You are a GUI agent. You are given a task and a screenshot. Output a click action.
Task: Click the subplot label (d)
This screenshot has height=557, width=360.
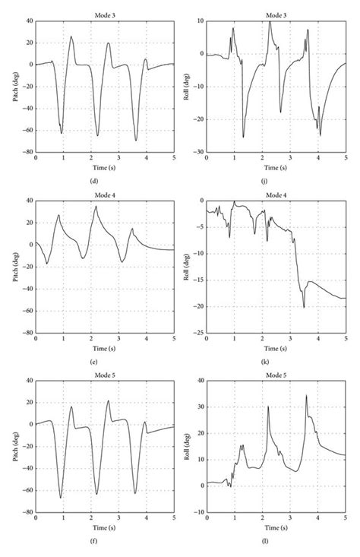(x=104, y=179)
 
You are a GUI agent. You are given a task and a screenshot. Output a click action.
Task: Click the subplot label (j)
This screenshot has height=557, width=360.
(x=276, y=179)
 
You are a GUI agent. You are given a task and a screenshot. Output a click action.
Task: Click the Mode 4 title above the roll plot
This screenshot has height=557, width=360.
(x=276, y=195)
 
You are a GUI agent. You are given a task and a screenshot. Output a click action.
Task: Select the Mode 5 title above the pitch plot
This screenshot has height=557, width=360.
(x=104, y=375)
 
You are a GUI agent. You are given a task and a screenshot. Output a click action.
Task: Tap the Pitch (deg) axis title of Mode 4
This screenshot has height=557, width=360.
(x=15, y=266)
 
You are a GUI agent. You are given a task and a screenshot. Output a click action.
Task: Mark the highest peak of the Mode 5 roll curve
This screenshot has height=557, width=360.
(x=307, y=394)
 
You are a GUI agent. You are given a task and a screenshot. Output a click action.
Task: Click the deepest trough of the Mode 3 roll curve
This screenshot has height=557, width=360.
(x=243, y=137)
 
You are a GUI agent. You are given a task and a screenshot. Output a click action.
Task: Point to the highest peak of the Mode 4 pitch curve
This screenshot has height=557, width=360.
(x=96, y=206)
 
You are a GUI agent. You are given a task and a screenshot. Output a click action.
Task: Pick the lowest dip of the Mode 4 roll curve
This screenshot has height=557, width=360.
(x=304, y=307)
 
